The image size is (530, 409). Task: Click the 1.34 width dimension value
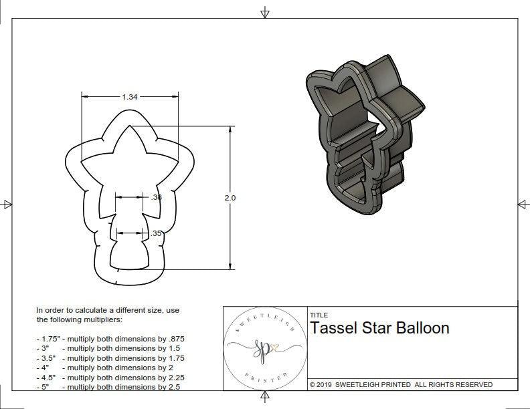(x=130, y=97)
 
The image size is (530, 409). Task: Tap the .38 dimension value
(x=157, y=197)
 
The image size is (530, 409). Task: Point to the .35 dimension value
(x=157, y=233)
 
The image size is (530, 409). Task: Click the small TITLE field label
(x=318, y=315)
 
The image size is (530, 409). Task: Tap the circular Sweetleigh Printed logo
(x=264, y=350)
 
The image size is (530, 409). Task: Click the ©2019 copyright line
(x=400, y=384)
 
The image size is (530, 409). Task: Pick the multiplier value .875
(x=175, y=339)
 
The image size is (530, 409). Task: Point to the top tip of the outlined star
(x=130, y=126)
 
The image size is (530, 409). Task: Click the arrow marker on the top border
(x=265, y=12)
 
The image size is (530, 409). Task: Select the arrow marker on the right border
(x=522, y=204)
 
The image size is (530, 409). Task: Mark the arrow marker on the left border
(x=7, y=204)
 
